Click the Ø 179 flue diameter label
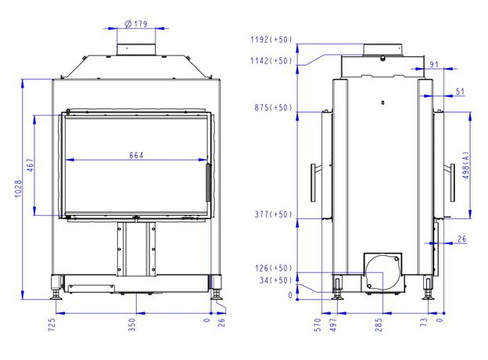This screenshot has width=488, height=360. pyautogui.click(x=136, y=23)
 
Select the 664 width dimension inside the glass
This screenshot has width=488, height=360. pyautogui.click(x=136, y=155)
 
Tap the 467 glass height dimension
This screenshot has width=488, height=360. pyautogui.click(x=30, y=165)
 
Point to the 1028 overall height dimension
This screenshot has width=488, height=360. pyautogui.click(x=18, y=189)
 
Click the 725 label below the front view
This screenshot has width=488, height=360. pyautogui.click(x=52, y=324)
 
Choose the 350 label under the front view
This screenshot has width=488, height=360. pyautogui.click(x=132, y=325)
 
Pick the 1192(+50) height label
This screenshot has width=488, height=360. pyautogui.click(x=271, y=40)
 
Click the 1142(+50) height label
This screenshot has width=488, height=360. pyautogui.click(x=271, y=60)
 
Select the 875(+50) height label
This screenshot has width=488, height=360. pyautogui.click(x=274, y=108)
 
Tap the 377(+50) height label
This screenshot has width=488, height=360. pyautogui.click(x=274, y=214)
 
